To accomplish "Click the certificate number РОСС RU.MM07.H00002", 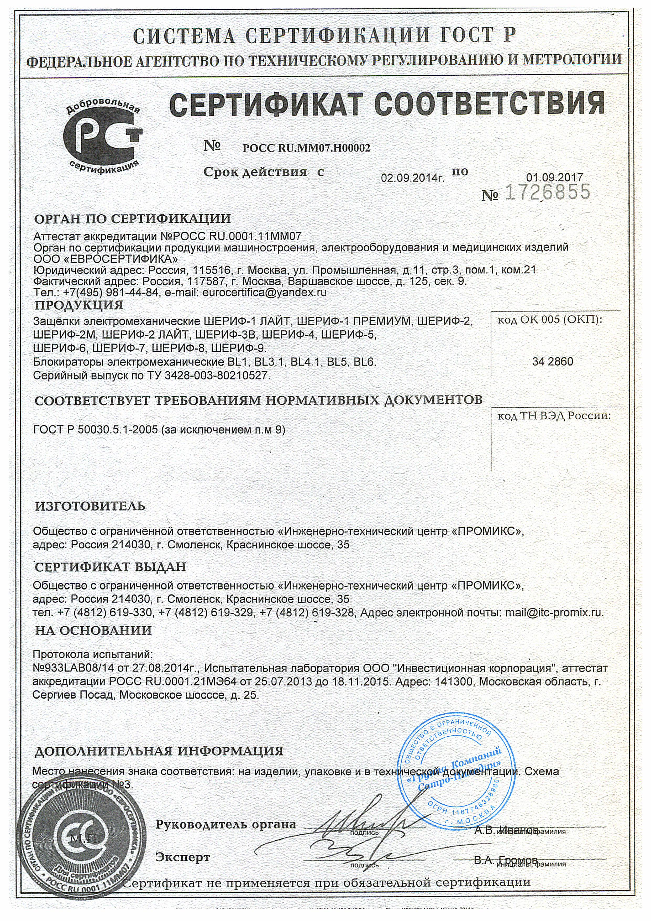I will [x=306, y=148].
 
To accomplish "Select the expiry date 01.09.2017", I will [x=554, y=177].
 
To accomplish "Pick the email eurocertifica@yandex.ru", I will [x=265, y=293].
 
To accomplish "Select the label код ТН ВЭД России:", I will [x=554, y=416].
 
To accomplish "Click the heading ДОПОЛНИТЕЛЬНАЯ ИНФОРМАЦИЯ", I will [x=159, y=751].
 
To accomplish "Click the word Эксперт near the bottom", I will [x=183, y=858].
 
